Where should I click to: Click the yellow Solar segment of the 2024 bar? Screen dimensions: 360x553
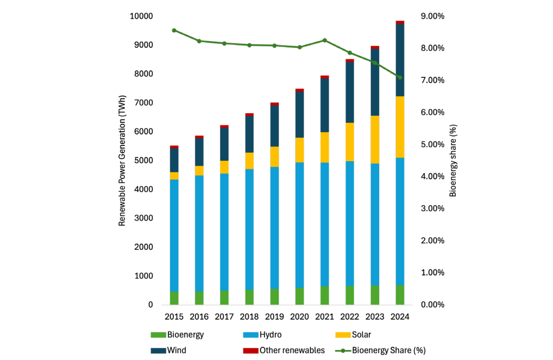click(x=400, y=127)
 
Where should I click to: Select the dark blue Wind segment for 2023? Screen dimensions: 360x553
click(x=375, y=82)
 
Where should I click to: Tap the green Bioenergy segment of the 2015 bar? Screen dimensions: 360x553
click(x=174, y=298)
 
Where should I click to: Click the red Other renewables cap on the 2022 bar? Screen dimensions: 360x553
click(x=349, y=61)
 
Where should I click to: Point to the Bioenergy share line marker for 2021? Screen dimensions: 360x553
click(x=325, y=41)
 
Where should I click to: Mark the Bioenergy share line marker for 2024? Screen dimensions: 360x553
click(x=400, y=77)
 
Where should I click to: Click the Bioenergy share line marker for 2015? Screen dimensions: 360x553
click(x=174, y=30)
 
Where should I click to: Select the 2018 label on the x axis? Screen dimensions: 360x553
click(x=249, y=317)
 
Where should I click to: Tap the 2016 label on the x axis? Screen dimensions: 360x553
click(x=199, y=317)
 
